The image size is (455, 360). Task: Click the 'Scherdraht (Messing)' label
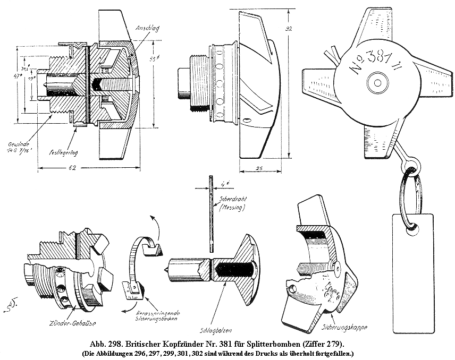tap(230, 204)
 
